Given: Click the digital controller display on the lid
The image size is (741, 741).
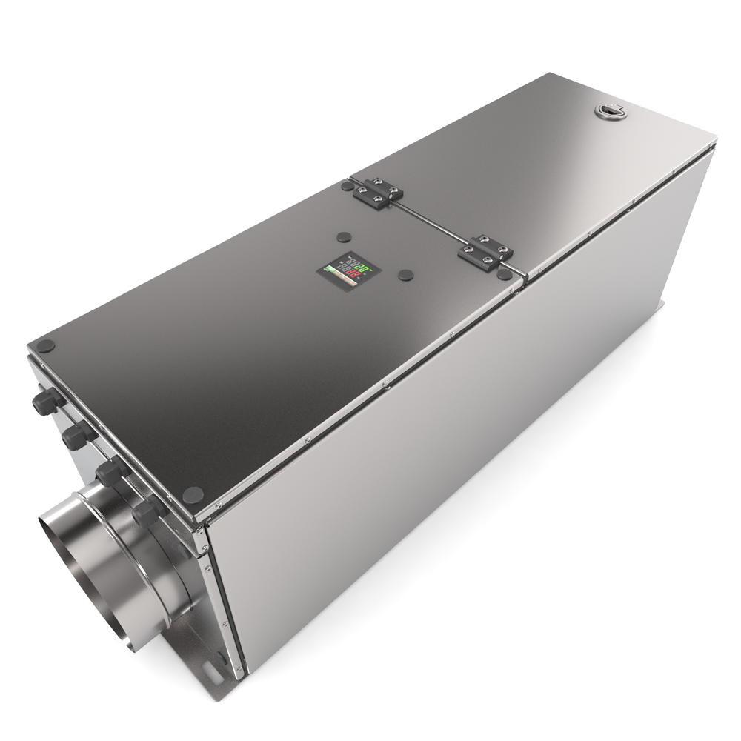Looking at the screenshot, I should point(347,272).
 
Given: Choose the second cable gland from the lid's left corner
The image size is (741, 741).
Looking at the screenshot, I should point(75,436).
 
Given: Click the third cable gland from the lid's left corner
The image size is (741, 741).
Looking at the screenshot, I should point(109,472).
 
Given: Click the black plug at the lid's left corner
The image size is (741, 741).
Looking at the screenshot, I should point(47,345).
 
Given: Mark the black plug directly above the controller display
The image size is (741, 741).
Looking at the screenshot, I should point(342,237).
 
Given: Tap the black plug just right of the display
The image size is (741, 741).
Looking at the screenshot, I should point(404,275).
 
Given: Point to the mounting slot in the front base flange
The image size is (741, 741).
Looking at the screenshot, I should point(215,657).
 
